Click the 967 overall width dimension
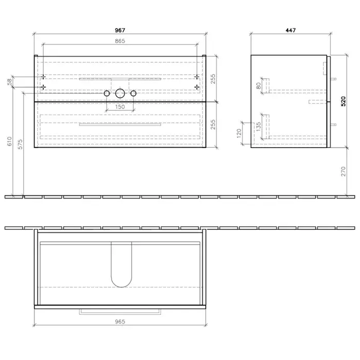120,30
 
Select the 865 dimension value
120,41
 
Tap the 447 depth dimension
291,30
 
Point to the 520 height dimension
343,101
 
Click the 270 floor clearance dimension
343,171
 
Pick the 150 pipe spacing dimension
120,107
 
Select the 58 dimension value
9,82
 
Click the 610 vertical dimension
9,141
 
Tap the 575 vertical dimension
20,144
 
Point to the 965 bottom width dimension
120,321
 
